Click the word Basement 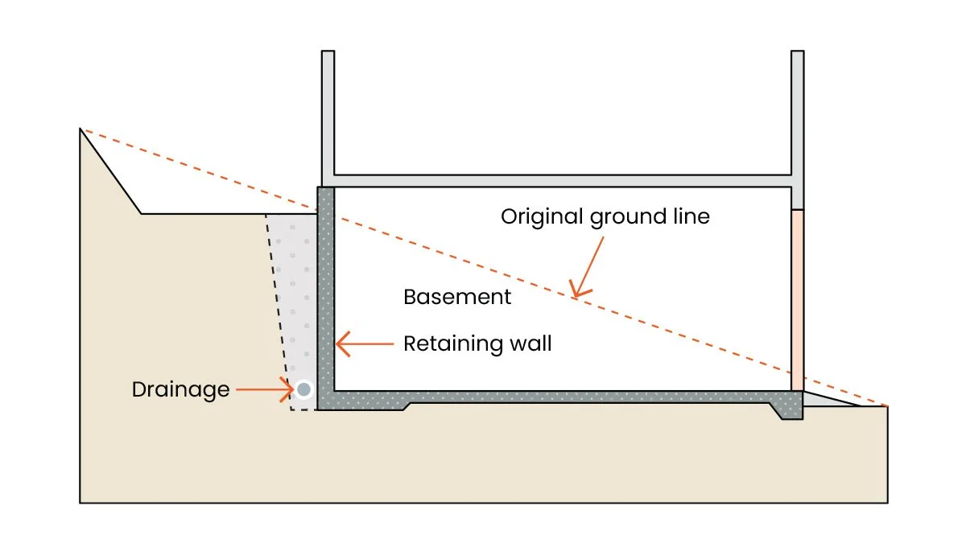[x=457, y=297]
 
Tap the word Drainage [x=180, y=390]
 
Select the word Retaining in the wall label [x=452, y=344]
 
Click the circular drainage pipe [x=304, y=389]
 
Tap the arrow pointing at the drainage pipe [x=266, y=389]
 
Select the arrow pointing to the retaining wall [x=365, y=344]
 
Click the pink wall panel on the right [x=798, y=300]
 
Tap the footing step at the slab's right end [x=787, y=409]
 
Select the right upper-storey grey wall [x=798, y=130]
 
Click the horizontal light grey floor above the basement [x=563, y=181]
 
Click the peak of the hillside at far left [x=80, y=129]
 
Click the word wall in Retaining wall [x=530, y=343]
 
